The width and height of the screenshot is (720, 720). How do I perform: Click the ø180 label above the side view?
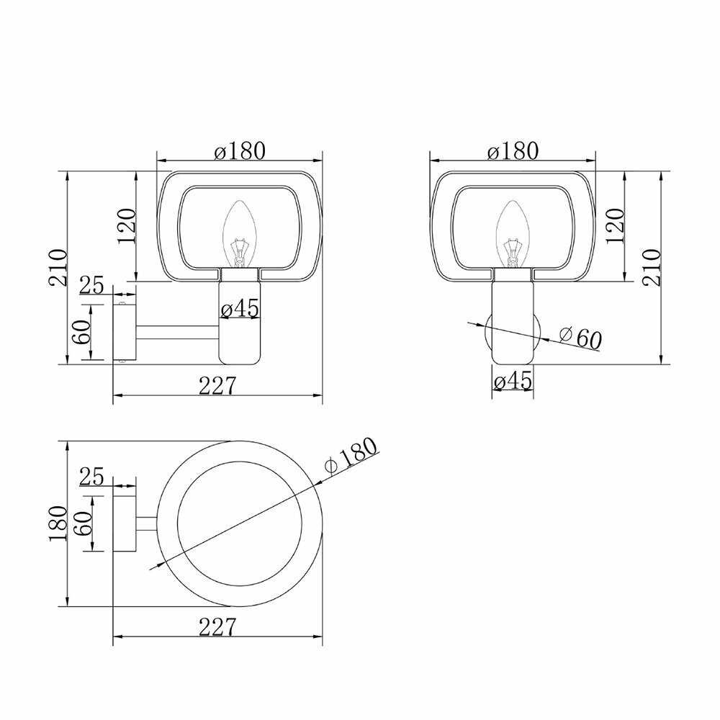(x=240, y=150)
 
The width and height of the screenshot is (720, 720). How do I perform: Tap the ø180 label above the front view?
(x=513, y=150)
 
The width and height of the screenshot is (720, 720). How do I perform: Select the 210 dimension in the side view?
(x=58, y=268)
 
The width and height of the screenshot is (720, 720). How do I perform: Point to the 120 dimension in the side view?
(x=127, y=226)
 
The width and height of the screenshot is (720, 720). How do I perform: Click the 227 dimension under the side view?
(x=217, y=386)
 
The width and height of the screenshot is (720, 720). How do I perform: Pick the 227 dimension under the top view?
(x=217, y=627)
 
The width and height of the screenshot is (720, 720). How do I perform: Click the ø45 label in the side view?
(x=240, y=308)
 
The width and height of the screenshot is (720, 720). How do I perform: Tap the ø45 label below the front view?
(x=513, y=381)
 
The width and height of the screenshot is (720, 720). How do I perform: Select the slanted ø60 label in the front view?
(x=580, y=338)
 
